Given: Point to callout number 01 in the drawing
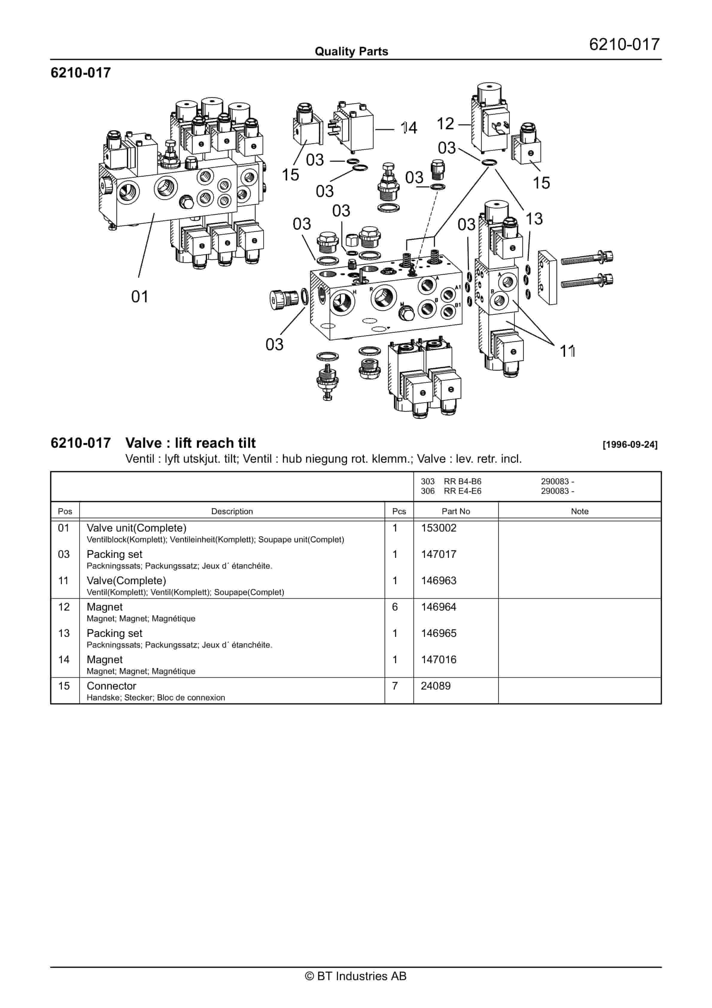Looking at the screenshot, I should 140,297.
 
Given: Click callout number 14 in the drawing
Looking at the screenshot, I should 409,128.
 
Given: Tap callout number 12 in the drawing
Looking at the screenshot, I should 445,124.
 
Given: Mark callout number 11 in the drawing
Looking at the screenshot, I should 567,351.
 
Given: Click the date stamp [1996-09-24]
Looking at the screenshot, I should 630,445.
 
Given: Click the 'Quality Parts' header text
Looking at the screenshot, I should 351,51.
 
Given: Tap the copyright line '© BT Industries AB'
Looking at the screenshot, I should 356,976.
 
